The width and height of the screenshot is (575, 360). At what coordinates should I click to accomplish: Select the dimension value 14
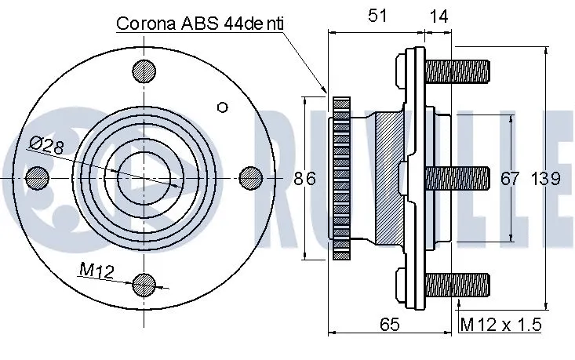tap(439, 15)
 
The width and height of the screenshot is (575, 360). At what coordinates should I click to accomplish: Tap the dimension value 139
tap(545, 179)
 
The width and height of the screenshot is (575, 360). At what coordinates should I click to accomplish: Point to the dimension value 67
tap(510, 179)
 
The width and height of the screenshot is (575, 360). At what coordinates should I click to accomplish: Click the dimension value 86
tap(304, 179)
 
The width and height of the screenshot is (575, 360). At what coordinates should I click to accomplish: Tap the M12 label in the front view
tap(97, 271)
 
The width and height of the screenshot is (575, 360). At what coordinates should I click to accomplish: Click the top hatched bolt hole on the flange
tap(144, 71)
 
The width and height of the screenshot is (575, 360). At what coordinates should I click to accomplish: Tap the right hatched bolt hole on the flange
tap(249, 178)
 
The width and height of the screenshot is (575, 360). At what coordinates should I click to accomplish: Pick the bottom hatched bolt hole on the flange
tap(144, 284)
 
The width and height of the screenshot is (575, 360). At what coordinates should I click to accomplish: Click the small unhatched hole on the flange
tap(222, 107)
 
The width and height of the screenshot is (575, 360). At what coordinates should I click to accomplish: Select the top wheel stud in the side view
tap(457, 72)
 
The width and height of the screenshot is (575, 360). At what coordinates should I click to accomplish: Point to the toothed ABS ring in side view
tap(341, 178)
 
